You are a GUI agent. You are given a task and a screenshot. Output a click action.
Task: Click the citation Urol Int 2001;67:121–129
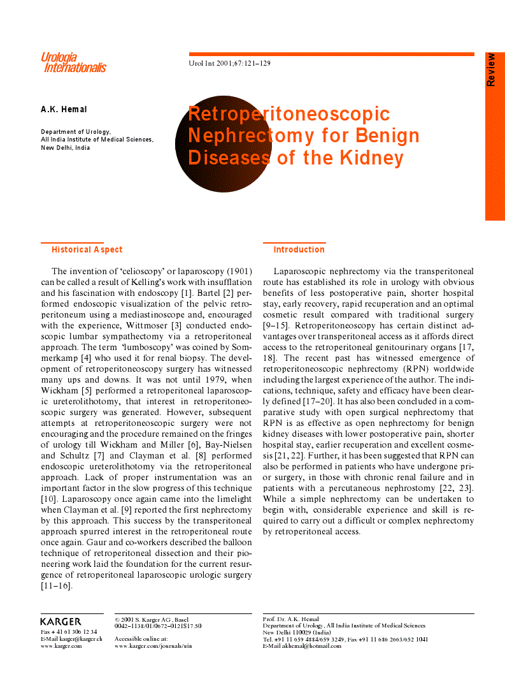pos(230,64)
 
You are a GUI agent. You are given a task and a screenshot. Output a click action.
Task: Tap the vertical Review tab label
pos(491,70)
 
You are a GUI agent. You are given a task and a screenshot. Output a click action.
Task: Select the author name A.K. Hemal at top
pos(64,110)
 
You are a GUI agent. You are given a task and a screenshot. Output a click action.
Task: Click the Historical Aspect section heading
pos(87,250)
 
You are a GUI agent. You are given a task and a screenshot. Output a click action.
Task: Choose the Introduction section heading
pos(299,250)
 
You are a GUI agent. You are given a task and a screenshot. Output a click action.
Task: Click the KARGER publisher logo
pos(61,621)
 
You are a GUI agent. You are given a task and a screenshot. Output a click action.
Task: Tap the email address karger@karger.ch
pos(82,639)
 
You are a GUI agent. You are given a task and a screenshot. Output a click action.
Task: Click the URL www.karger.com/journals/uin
pos(153,646)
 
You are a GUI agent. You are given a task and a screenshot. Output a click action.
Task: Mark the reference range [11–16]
pos(56,585)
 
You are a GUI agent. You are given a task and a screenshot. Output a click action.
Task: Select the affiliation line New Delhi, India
pos(66,147)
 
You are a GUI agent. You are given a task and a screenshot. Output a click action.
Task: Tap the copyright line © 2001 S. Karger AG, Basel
pos(152,619)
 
